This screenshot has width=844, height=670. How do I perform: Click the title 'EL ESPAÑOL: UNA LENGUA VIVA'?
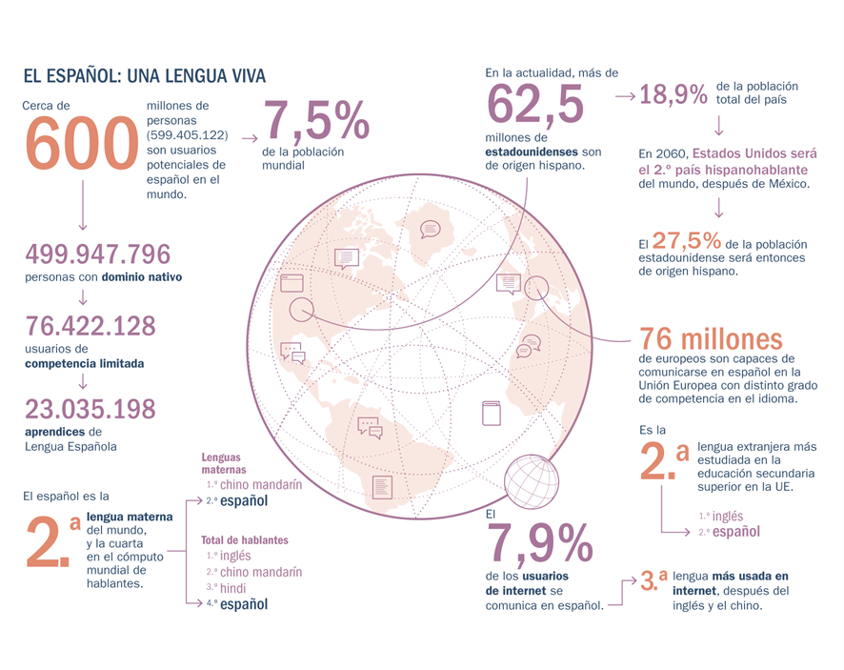pyautogui.click(x=144, y=75)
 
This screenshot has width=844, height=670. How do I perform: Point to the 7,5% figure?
pyautogui.click(x=316, y=122)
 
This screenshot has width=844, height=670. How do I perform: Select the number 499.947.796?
pyautogui.click(x=98, y=254)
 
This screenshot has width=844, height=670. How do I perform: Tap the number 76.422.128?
pyautogui.click(x=90, y=326)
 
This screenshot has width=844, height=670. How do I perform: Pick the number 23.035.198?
pyautogui.click(x=90, y=409)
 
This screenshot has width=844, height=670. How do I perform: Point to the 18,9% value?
pyautogui.click(x=673, y=94)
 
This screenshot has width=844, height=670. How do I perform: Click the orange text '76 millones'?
pyautogui.click(x=711, y=338)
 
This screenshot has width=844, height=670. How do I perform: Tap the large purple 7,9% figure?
pyautogui.click(x=539, y=543)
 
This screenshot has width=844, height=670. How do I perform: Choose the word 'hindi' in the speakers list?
pyautogui.click(x=233, y=588)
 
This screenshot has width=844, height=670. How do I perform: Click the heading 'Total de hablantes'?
pyautogui.click(x=244, y=540)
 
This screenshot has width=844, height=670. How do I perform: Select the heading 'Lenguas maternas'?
pyautogui.click(x=224, y=463)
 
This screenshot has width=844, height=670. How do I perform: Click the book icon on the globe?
pyautogui.click(x=491, y=414)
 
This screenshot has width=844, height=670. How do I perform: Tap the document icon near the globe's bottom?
pyautogui.click(x=382, y=487)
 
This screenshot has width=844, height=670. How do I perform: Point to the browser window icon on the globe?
pyautogui.click(x=291, y=282)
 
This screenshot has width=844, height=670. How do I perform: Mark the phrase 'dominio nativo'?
pyautogui.click(x=144, y=277)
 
